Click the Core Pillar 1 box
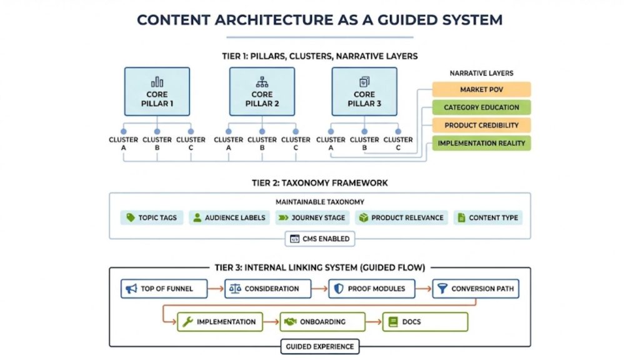tap(157, 92)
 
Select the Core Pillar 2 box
tap(262, 92)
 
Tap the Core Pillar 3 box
tap(364, 92)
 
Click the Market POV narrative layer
tap(481, 89)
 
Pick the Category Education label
tap(481, 107)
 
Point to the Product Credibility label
tap(481, 125)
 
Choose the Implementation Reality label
tap(481, 143)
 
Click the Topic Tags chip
tap(152, 217)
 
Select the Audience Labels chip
tap(229, 217)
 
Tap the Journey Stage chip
tap(311, 217)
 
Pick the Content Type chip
tap(488, 217)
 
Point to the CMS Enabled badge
tap(319, 239)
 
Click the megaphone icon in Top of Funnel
tap(131, 289)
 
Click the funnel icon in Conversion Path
tap(442, 289)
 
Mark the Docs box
tap(425, 322)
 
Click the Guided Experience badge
tap(319, 346)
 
